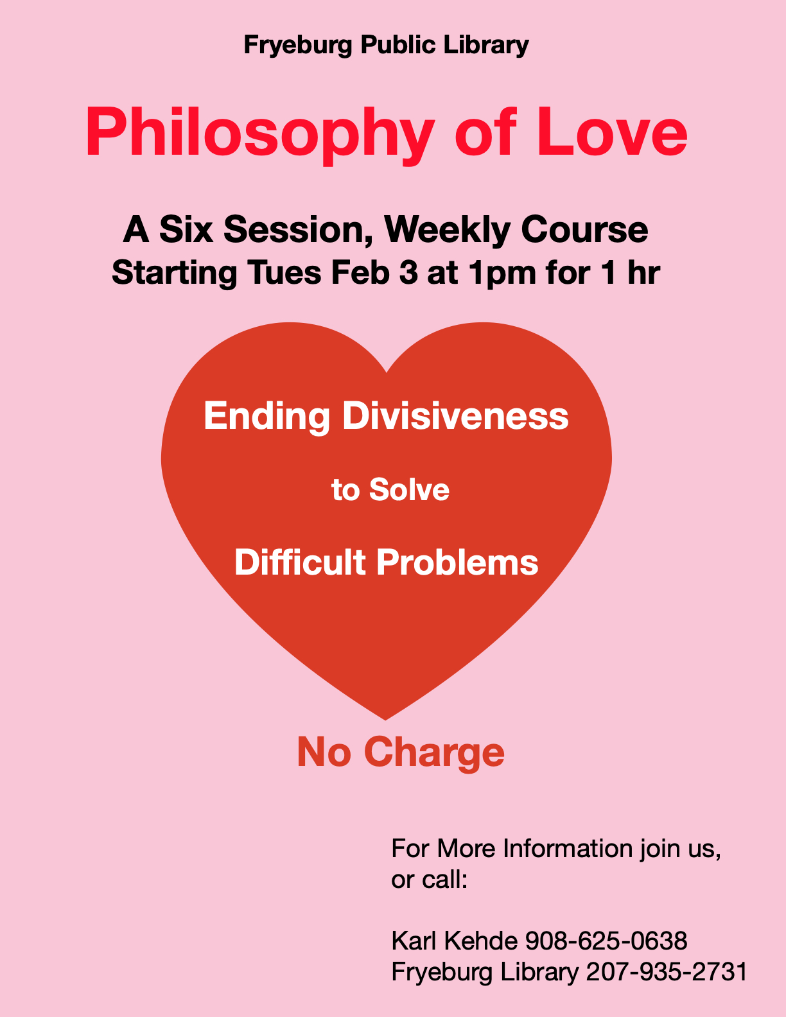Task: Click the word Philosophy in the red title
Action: (x=260, y=135)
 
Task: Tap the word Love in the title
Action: (x=613, y=132)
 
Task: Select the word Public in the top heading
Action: (x=398, y=45)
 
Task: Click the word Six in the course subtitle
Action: (x=186, y=229)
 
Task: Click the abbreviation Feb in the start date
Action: (x=361, y=272)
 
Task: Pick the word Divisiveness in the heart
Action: (x=455, y=415)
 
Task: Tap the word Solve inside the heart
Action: (x=409, y=490)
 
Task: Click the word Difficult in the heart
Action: (x=300, y=562)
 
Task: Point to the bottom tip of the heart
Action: (x=385, y=719)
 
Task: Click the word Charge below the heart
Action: (x=434, y=753)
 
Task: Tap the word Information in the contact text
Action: (x=568, y=848)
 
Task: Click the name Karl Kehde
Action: (x=455, y=941)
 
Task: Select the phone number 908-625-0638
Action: (x=606, y=941)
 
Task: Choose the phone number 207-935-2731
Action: (x=666, y=972)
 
